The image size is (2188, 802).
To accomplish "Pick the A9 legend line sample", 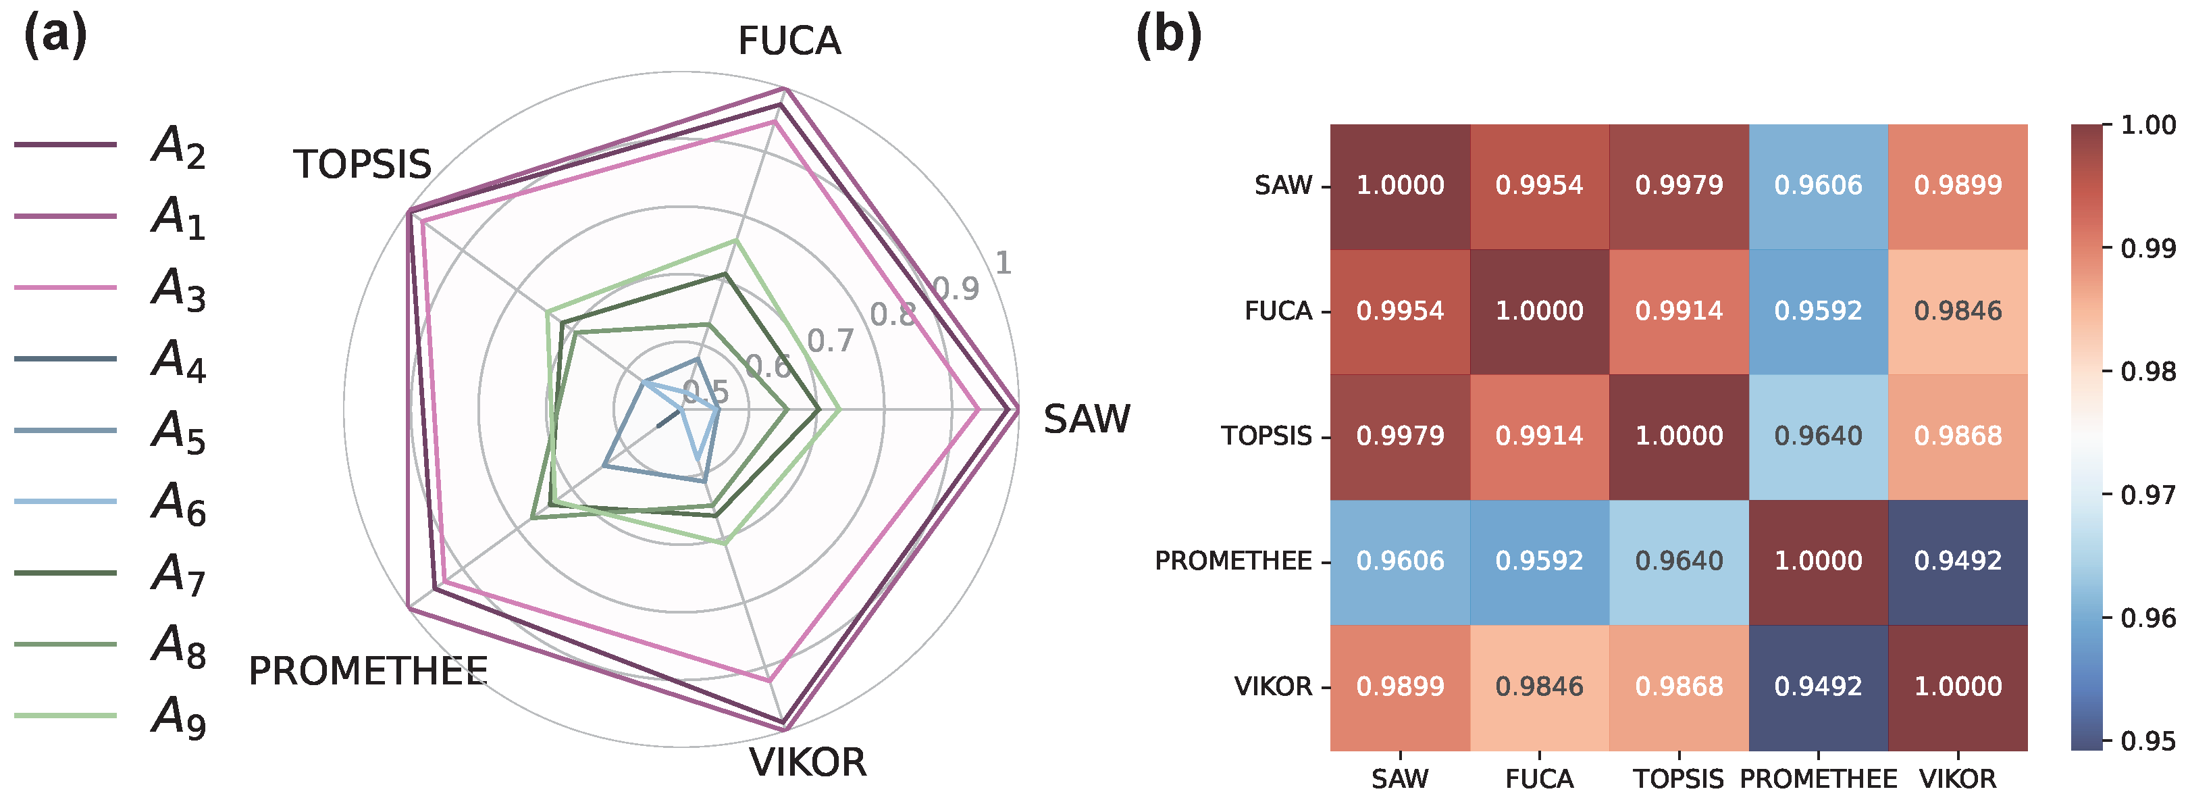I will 66,716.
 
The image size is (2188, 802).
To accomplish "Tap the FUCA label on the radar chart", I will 789,41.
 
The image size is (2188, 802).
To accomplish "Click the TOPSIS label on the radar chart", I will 363,164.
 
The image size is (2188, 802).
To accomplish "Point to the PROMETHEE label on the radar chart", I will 368,671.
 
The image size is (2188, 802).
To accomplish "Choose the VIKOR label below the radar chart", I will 807,762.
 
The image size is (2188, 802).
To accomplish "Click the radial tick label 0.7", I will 830,341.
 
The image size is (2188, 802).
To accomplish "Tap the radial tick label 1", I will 1003,263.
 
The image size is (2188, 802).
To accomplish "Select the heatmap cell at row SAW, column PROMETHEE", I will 1818,186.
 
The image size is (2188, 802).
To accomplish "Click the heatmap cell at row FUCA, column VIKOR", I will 1958,311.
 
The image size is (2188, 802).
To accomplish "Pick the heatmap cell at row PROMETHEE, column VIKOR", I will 1958,561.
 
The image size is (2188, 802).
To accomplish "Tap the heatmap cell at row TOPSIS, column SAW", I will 1400,436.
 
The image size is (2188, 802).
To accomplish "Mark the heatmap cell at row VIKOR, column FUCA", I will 1539,686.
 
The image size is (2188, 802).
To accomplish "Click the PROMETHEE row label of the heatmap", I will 1232,561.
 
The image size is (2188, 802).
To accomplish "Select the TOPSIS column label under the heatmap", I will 1678,779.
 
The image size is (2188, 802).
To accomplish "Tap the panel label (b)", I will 1169,36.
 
